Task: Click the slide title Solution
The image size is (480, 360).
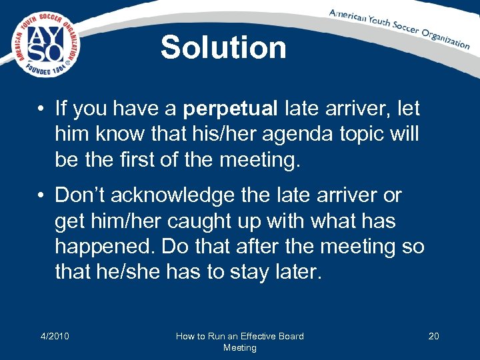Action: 223,48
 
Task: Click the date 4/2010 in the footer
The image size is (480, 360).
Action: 55,336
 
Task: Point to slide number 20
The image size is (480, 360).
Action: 433,336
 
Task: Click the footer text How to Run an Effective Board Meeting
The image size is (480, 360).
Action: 239,341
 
